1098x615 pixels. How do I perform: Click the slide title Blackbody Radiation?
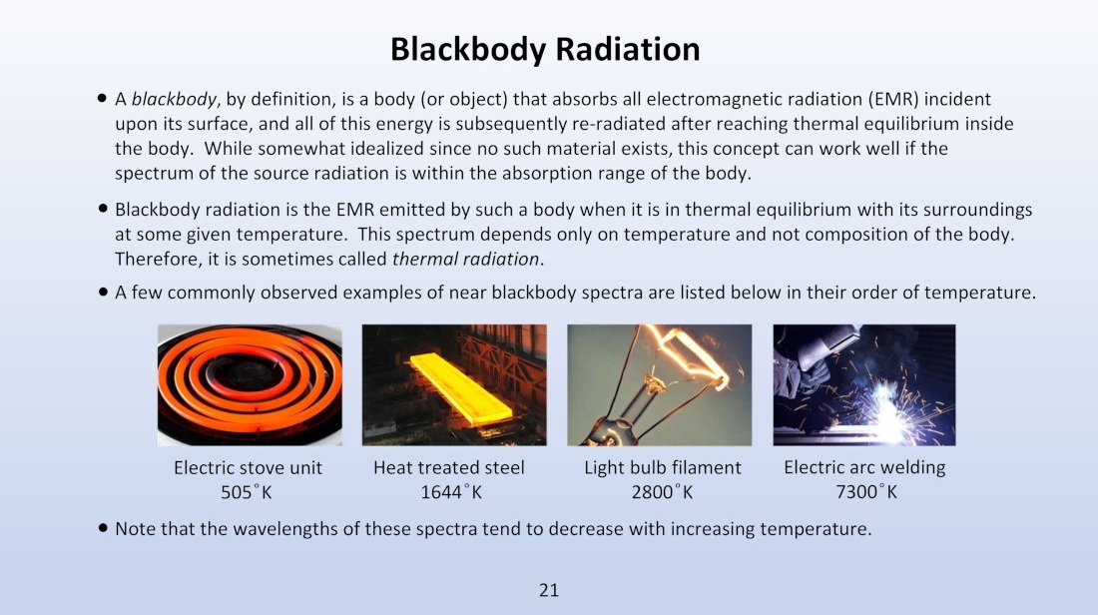point(545,50)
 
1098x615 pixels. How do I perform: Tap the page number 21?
point(549,590)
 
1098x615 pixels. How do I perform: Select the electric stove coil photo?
point(250,384)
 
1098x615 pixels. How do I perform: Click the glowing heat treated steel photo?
point(454,384)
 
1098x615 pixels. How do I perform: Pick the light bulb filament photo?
point(660,384)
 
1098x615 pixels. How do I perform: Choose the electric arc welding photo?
point(864,384)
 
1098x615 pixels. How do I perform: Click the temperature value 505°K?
point(246,492)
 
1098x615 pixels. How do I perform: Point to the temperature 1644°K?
point(451,492)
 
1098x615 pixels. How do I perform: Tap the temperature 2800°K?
point(662,492)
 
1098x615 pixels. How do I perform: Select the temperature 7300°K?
point(866,492)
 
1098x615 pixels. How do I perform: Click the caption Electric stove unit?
point(248,467)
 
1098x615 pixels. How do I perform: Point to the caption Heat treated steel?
point(449,467)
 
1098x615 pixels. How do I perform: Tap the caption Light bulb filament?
point(663,467)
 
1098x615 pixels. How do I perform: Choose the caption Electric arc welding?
point(864,467)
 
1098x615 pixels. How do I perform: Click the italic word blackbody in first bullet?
point(175,100)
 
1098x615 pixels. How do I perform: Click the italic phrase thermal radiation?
point(466,260)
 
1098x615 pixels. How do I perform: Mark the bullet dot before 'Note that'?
point(103,527)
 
